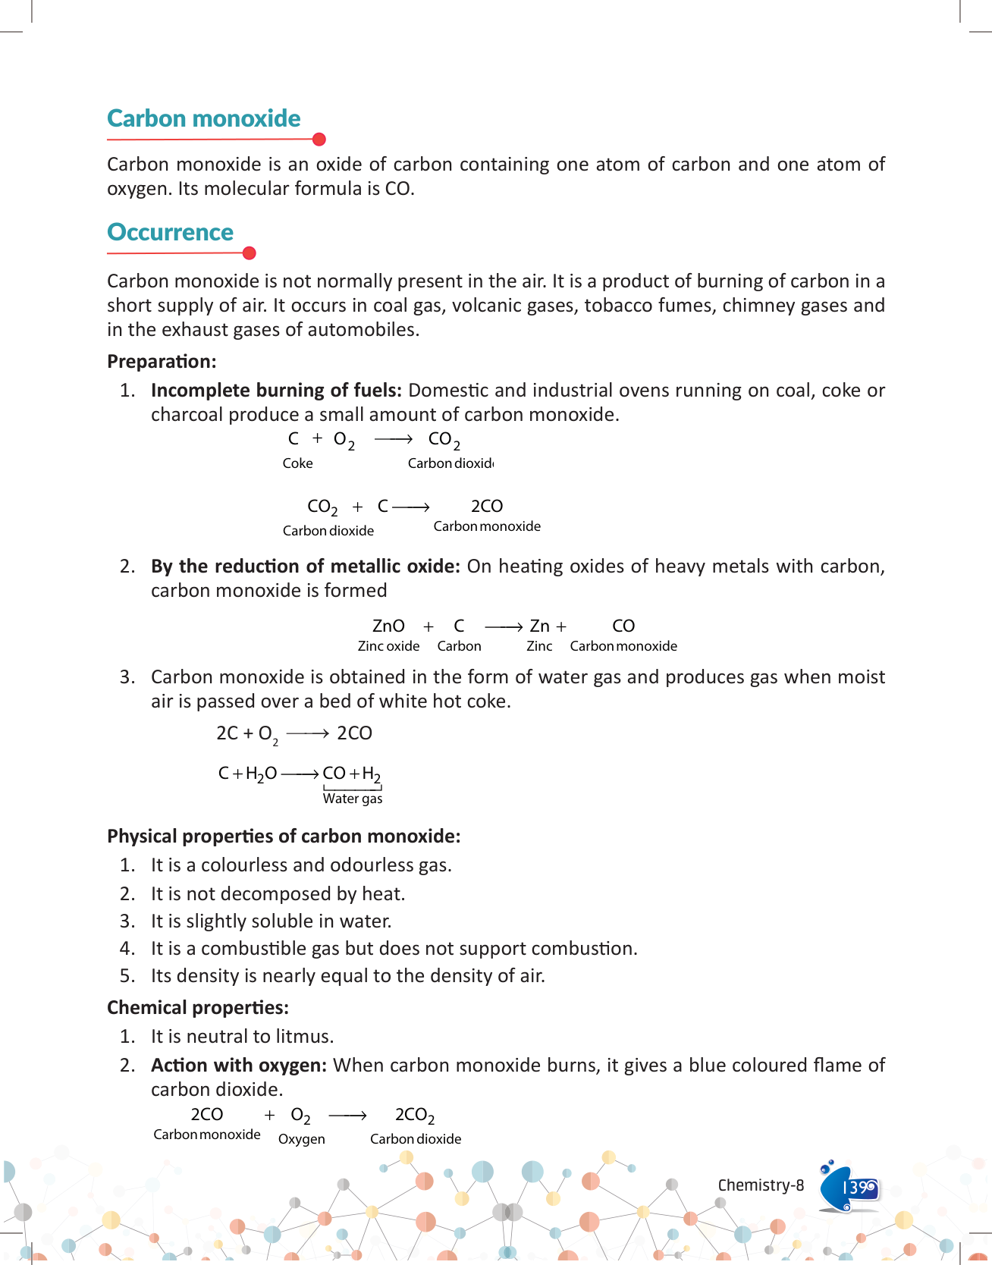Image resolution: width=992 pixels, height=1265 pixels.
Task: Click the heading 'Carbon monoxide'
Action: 203,118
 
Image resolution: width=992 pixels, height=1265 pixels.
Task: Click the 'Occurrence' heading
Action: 170,232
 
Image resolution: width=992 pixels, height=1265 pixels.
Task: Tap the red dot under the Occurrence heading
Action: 249,253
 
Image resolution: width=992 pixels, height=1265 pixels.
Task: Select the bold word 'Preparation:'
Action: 162,362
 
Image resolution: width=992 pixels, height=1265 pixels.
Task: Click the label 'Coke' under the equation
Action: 297,463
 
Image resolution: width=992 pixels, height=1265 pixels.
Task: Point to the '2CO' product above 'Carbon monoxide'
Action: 487,506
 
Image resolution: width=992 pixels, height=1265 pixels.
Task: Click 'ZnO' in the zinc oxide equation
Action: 388,626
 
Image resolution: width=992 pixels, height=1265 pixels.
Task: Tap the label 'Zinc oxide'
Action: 388,646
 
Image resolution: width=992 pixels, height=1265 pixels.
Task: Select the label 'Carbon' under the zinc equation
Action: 459,646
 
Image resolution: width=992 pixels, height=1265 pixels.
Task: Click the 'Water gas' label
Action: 353,799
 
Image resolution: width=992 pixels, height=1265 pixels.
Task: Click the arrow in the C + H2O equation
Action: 300,774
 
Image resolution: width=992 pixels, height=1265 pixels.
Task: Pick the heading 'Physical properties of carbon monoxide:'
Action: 284,837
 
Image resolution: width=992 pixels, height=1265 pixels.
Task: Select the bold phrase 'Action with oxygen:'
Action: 239,1066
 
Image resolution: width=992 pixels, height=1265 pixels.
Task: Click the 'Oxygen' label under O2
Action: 301,1139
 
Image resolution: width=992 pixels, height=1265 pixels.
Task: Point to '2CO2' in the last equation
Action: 415,1115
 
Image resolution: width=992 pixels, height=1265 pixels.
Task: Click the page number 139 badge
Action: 858,1187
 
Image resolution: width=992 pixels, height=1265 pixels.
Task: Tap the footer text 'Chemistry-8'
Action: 761,1185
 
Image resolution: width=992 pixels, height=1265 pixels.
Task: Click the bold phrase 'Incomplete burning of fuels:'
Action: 276,391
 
